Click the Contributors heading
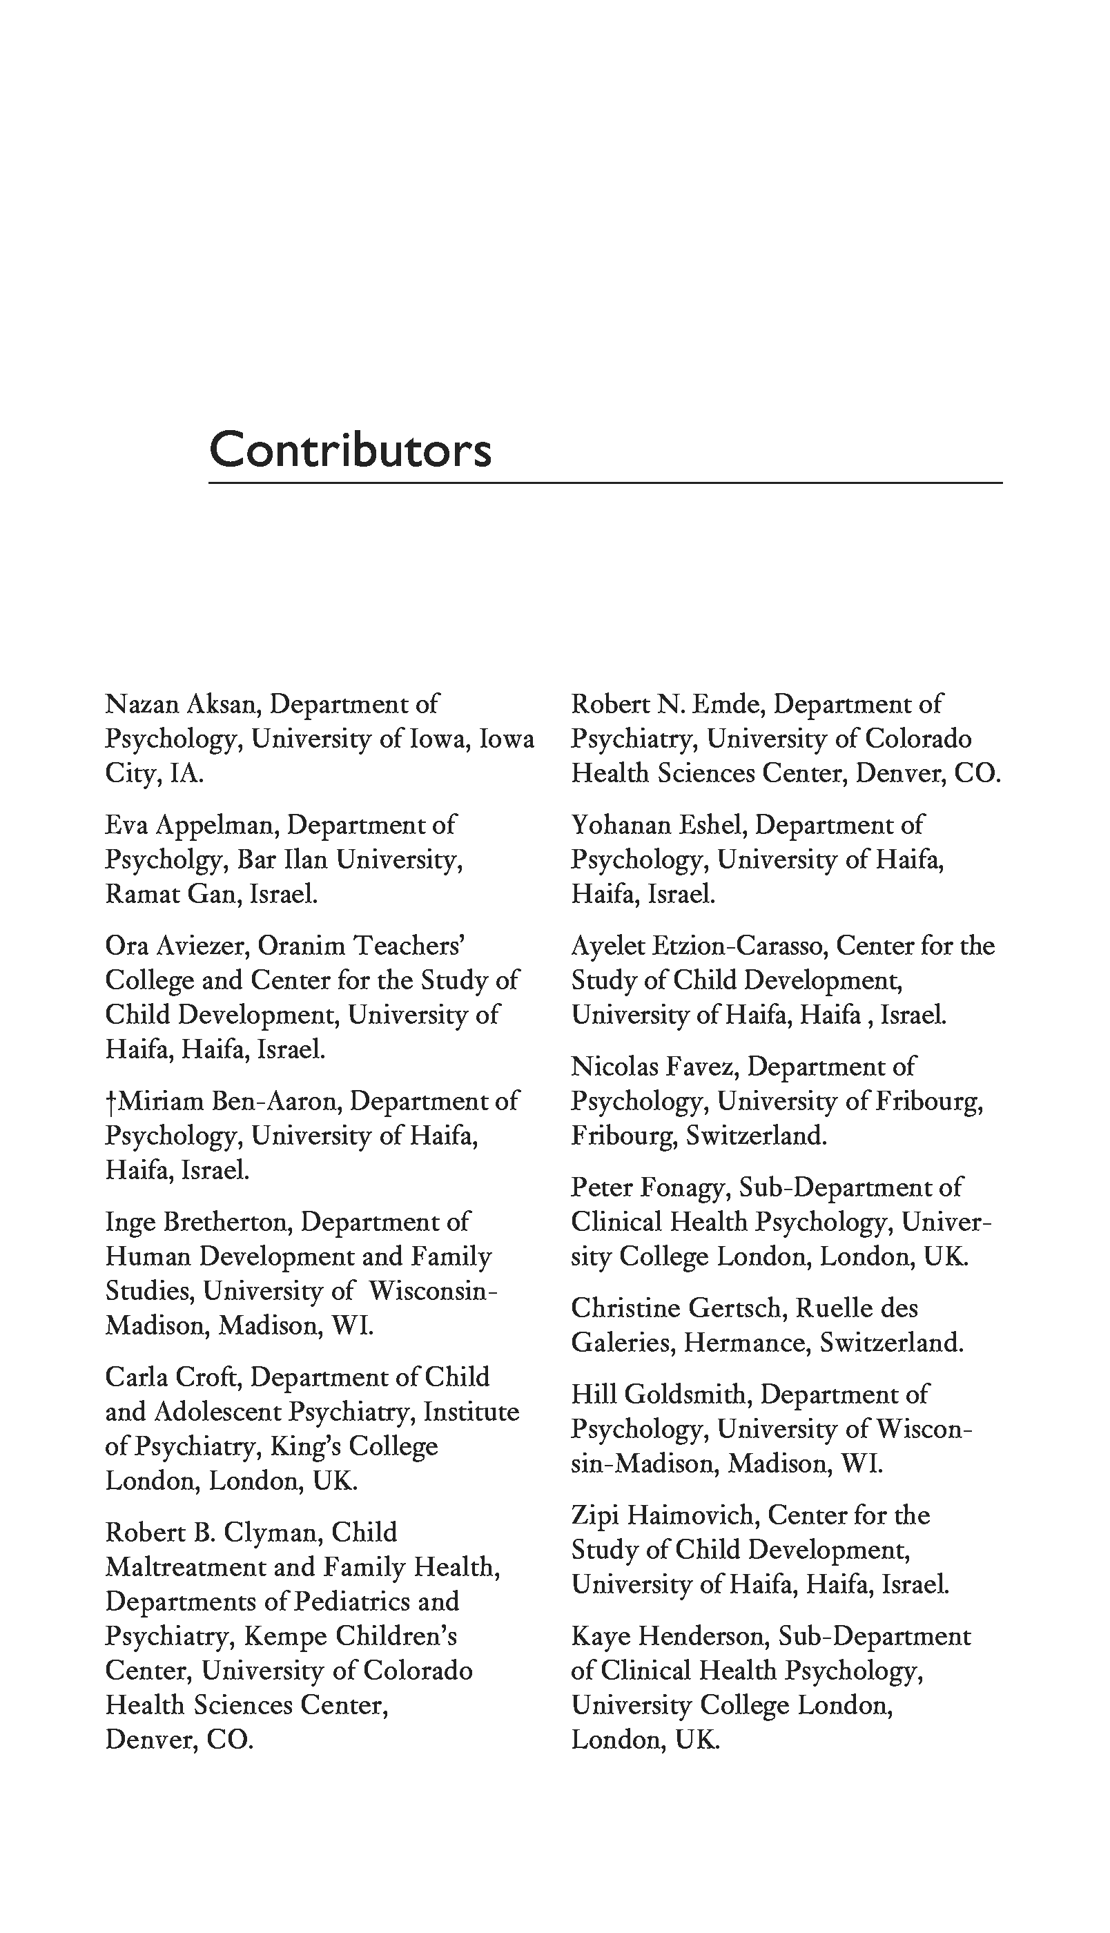pyautogui.click(x=350, y=449)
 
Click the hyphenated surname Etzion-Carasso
pyautogui.click(x=740, y=946)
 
